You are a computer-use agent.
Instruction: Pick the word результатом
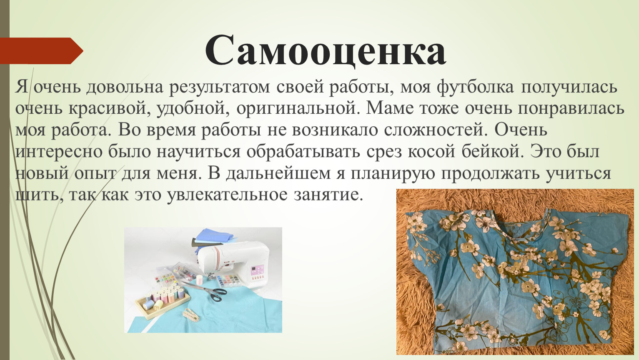pos(219,87)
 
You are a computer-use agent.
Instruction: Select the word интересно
pos(59,152)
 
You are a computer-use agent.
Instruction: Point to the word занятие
pos(329,195)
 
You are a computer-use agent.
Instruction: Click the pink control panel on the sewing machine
pos(257,272)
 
